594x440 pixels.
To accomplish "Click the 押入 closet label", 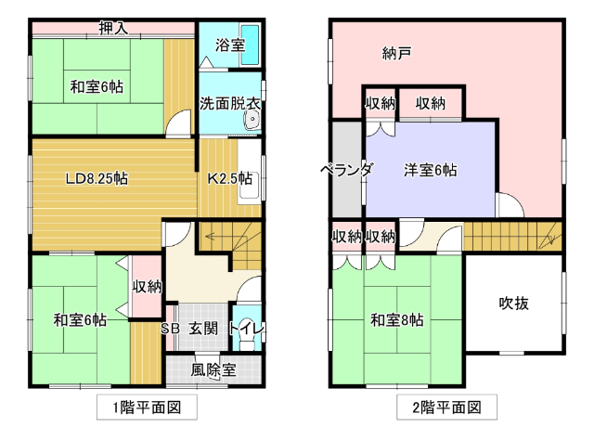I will coord(113,28).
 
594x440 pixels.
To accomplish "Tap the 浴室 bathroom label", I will coord(229,44).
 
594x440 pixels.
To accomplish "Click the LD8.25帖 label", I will coord(96,179).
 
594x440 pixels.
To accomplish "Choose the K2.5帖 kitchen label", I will coord(229,179).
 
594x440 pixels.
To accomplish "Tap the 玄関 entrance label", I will coord(203,328).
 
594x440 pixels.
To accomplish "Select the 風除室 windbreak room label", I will coord(213,369).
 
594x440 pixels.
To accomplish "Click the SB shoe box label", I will coord(171,328).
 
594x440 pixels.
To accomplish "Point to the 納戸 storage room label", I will coord(396,53).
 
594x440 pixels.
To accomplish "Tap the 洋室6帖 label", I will coord(430,170).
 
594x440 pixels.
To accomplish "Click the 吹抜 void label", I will coord(513,302).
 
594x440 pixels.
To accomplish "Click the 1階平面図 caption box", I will coord(147,407).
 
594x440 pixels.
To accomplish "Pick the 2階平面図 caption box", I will coord(445,407).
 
